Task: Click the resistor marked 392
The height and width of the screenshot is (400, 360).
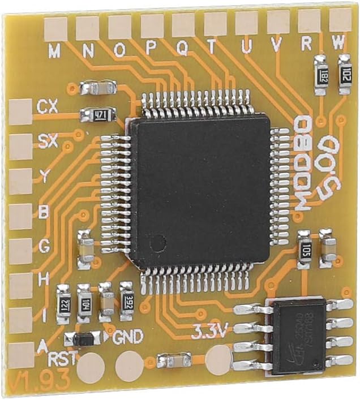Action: tap(126, 294)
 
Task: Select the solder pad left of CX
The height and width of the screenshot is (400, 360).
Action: tap(20, 111)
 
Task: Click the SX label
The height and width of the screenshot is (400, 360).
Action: tap(48, 141)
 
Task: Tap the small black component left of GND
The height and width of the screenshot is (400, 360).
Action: tap(84, 339)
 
